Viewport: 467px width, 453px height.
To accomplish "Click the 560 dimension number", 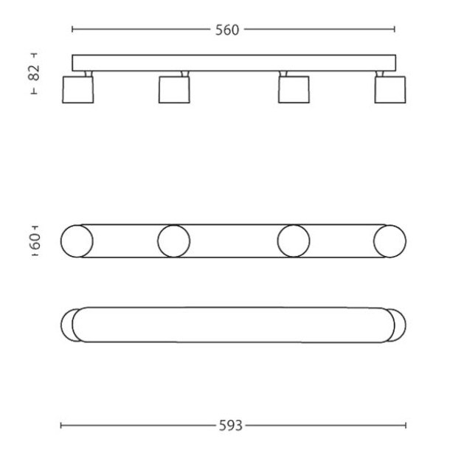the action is tap(227, 30).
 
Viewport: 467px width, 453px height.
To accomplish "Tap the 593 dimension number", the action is tap(230, 426).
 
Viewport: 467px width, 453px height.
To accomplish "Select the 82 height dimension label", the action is tap(34, 72).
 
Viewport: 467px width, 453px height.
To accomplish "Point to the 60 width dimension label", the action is tap(35, 241).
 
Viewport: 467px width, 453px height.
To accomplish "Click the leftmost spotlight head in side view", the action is tap(77, 90).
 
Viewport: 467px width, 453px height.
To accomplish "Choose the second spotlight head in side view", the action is tap(174, 90).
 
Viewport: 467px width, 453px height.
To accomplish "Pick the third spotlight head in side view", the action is tap(294, 90).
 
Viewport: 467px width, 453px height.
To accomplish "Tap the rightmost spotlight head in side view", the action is tap(390, 90).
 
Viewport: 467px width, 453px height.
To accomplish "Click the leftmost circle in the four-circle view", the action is tap(61, 241).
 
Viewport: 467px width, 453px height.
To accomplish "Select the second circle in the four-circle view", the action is tap(158, 241).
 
